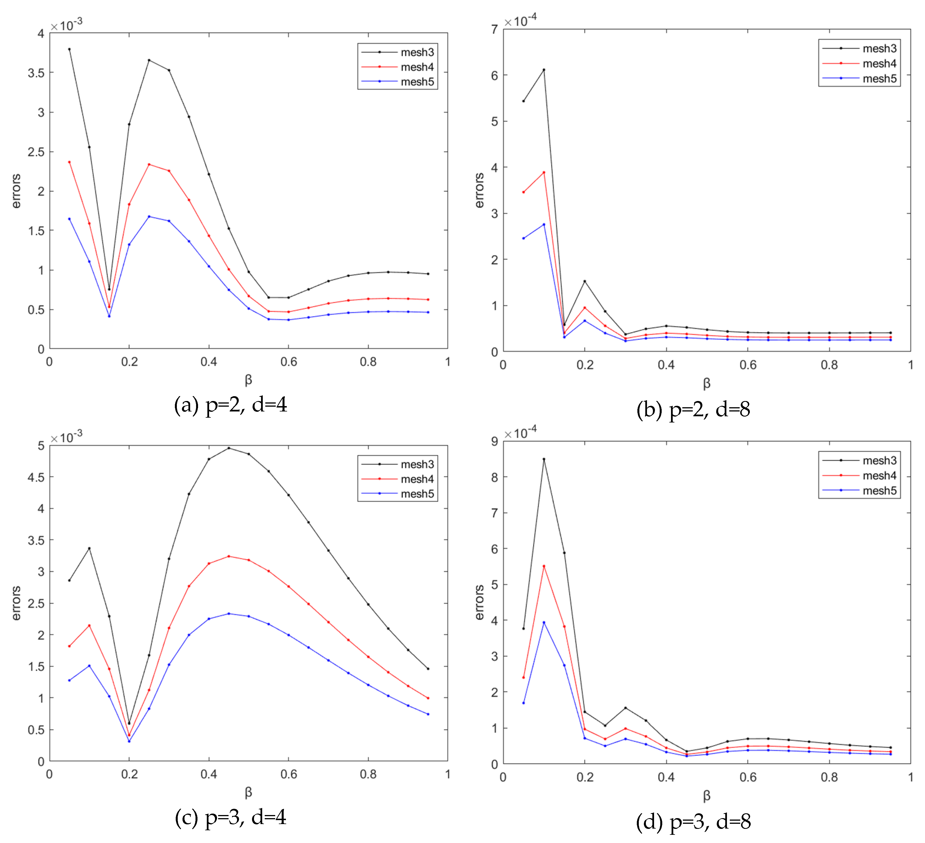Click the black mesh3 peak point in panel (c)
click(x=229, y=448)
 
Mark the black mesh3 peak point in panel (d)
click(x=544, y=459)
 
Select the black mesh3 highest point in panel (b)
click(x=544, y=70)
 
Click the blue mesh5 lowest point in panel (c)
click(x=129, y=741)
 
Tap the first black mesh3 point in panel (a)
click(x=69, y=49)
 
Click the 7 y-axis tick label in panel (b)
click(x=494, y=29)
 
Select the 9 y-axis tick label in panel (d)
click(x=494, y=441)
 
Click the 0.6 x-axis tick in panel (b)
click(x=748, y=365)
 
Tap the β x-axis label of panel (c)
click(x=248, y=792)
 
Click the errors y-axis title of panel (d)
click(x=479, y=602)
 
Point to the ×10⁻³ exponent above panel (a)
click(x=66, y=25)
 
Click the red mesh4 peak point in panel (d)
click(x=544, y=566)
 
